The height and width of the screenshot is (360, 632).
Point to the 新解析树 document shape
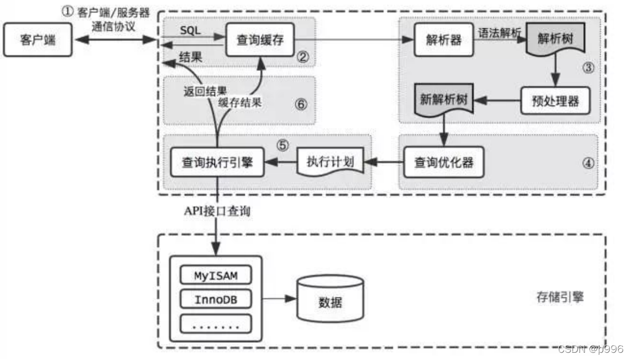[x=443, y=101]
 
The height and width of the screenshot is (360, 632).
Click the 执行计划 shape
[x=330, y=162]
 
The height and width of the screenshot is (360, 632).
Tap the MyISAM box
[x=216, y=275]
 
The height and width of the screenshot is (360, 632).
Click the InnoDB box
[x=216, y=299]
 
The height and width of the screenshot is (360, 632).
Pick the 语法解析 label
[x=498, y=33]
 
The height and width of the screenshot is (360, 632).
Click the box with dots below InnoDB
[x=216, y=324]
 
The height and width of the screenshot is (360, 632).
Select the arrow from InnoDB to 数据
[x=279, y=299]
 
